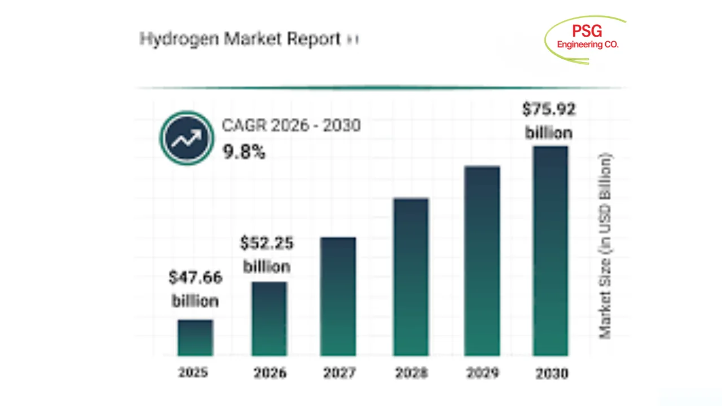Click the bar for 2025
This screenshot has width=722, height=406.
pos(195,338)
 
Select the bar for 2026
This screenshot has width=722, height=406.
pos(269,319)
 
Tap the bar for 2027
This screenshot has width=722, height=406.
pos(338,297)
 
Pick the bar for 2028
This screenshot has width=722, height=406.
pos(411,277)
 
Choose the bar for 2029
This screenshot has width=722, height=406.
pos(482,261)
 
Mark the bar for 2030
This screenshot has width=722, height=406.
pos(551,251)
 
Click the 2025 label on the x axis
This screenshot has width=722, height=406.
pos(193,373)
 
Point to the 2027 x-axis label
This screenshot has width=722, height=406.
pos(340,373)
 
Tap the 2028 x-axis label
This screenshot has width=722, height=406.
pos(411,373)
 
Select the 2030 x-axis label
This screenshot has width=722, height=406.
pos(551,373)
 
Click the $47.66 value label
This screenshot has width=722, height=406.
pos(196,277)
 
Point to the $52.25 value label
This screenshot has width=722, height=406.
pos(267,243)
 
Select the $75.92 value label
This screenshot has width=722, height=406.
pos(549,109)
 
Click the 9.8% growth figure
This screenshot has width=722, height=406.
pos(244,151)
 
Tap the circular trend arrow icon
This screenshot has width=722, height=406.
pos(187,138)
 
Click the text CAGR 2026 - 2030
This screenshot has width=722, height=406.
pos(291,125)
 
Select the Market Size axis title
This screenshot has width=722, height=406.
pos(605,246)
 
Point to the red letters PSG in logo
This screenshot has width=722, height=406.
pos(587,31)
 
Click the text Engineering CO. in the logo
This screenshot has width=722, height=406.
pos(588,45)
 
